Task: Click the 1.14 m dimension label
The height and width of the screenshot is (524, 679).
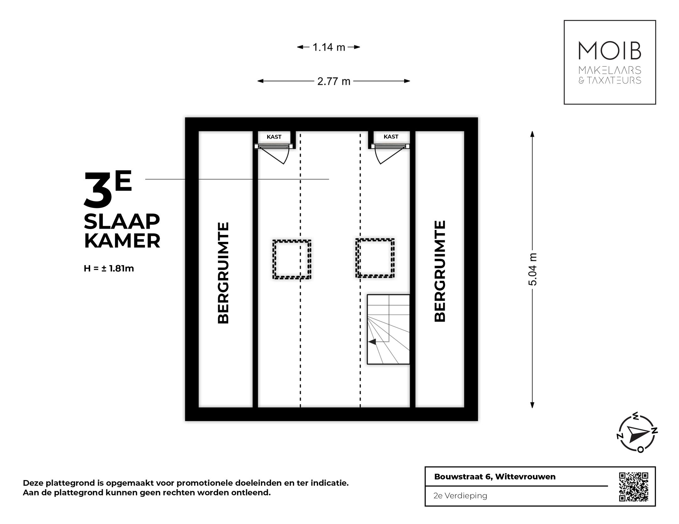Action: tap(328, 47)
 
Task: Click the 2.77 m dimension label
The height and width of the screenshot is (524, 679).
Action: tap(334, 81)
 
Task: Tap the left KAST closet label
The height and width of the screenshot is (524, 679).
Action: tap(274, 137)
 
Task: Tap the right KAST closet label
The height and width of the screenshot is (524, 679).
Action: tap(391, 137)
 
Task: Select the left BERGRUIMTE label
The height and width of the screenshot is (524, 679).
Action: tap(224, 273)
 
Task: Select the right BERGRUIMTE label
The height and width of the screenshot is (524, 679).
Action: tap(440, 271)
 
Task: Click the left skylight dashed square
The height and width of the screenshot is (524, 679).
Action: tap(292, 259)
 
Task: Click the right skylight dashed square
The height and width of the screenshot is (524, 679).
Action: tap(375, 258)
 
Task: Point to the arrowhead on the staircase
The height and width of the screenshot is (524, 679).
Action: tap(372, 342)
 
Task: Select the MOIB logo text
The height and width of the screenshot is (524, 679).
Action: tap(610, 51)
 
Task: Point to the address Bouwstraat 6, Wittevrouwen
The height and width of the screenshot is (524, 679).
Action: tap(494, 477)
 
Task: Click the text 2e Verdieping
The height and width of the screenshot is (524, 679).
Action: tap(460, 496)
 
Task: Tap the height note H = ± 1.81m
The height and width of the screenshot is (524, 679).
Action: tap(109, 269)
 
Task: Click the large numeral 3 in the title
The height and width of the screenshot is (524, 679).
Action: tap(98, 191)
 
